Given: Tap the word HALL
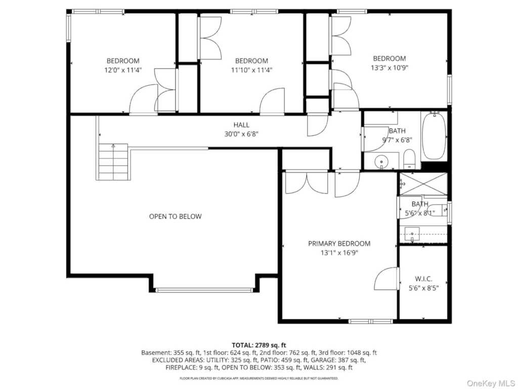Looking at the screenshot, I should (x=241, y=125).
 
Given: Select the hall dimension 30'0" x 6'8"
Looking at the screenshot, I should (x=241, y=134).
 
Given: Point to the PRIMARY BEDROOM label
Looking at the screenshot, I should (x=339, y=244).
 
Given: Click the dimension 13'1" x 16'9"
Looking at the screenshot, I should (x=339, y=253).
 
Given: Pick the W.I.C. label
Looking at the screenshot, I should (x=423, y=279).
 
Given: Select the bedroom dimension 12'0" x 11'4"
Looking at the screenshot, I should (x=123, y=70).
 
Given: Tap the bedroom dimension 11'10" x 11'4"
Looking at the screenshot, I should (x=251, y=70).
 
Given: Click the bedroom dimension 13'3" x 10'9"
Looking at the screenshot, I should (x=389, y=67).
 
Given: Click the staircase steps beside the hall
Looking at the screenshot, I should (x=113, y=162).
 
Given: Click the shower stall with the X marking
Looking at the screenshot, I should (x=423, y=184).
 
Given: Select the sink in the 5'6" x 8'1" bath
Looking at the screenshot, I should (x=413, y=234).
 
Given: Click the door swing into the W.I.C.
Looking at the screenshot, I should (x=386, y=279).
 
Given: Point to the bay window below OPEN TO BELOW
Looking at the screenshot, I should (x=204, y=290).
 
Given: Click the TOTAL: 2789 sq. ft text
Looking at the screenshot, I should (x=259, y=345).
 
